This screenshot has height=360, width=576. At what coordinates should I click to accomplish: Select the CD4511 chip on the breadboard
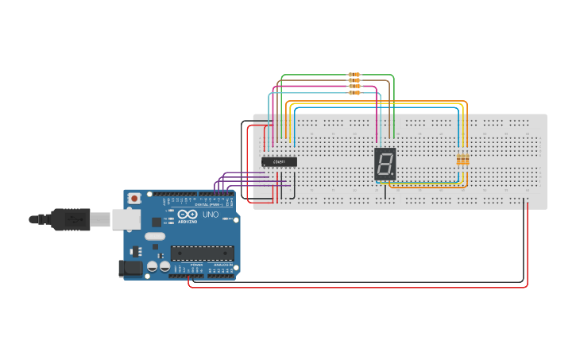pyautogui.click(x=280, y=162)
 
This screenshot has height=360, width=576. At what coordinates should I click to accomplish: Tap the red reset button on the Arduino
pyautogui.click(x=135, y=197)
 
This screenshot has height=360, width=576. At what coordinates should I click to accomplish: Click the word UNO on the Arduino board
pyautogui.click(x=211, y=215)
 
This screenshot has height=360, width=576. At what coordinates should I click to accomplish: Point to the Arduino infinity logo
pyautogui.click(x=188, y=215)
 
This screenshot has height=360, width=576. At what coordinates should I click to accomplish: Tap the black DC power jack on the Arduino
pyautogui.click(x=130, y=269)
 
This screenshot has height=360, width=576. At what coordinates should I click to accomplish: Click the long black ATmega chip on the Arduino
pyautogui.click(x=203, y=254)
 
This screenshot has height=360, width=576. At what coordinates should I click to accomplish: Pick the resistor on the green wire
pyautogui.click(x=354, y=75)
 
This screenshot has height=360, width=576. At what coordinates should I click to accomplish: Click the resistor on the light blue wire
pyautogui.click(x=354, y=92)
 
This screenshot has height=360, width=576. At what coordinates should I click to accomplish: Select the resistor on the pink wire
pyautogui.click(x=354, y=87)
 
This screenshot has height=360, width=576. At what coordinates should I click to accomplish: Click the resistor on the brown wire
pyautogui.click(x=354, y=80)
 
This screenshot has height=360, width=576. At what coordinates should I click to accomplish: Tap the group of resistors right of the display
pyautogui.click(x=462, y=160)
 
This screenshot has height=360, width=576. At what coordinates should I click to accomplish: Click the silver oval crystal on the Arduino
pyautogui.click(x=155, y=236)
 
